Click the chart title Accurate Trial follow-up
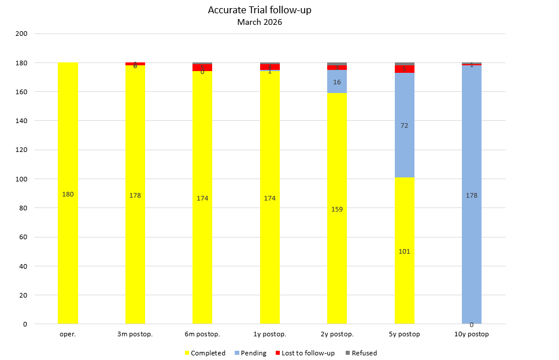coord(259,10)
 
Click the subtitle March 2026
coord(259,23)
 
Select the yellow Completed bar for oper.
coord(68,231)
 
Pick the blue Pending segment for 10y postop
coord(472,231)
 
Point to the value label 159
coord(337,209)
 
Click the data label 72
coord(405,125)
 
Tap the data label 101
coord(405,251)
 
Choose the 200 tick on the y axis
coord(21,34)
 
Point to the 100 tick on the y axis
coord(21,179)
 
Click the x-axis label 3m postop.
coord(135,335)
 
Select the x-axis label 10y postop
coord(472,335)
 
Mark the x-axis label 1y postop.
coord(269,335)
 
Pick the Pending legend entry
coord(253,353)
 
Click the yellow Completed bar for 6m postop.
coord(202,260)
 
